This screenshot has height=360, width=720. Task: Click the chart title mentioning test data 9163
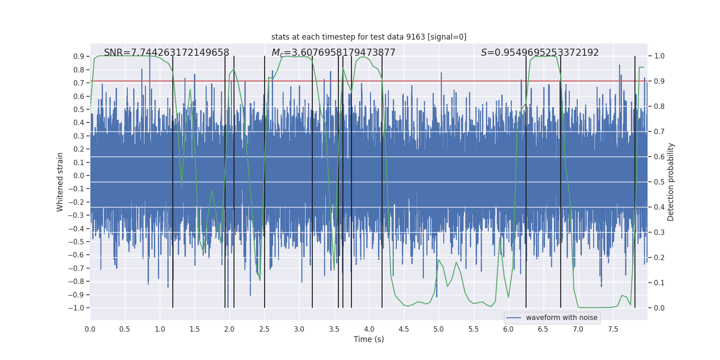(369, 37)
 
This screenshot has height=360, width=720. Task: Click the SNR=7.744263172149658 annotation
(166, 53)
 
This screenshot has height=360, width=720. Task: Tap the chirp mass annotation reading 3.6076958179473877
(333, 53)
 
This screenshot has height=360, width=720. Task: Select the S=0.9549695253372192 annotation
(540, 53)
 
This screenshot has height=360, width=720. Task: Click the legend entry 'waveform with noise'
(561, 318)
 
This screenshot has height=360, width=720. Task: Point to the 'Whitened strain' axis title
(60, 182)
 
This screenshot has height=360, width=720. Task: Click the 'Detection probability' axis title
(671, 182)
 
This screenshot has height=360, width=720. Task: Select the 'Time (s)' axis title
(369, 339)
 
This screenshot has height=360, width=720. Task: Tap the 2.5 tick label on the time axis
(264, 329)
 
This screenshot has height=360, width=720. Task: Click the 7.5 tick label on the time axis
(613, 329)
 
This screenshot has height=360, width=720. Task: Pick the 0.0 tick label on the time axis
(90, 329)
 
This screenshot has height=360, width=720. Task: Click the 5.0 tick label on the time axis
(438, 329)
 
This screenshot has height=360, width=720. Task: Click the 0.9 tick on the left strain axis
(79, 57)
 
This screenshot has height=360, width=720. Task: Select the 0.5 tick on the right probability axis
(659, 182)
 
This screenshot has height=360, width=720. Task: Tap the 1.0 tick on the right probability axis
(659, 56)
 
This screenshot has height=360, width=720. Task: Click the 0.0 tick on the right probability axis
(659, 308)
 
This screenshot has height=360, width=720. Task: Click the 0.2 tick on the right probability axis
(659, 258)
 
